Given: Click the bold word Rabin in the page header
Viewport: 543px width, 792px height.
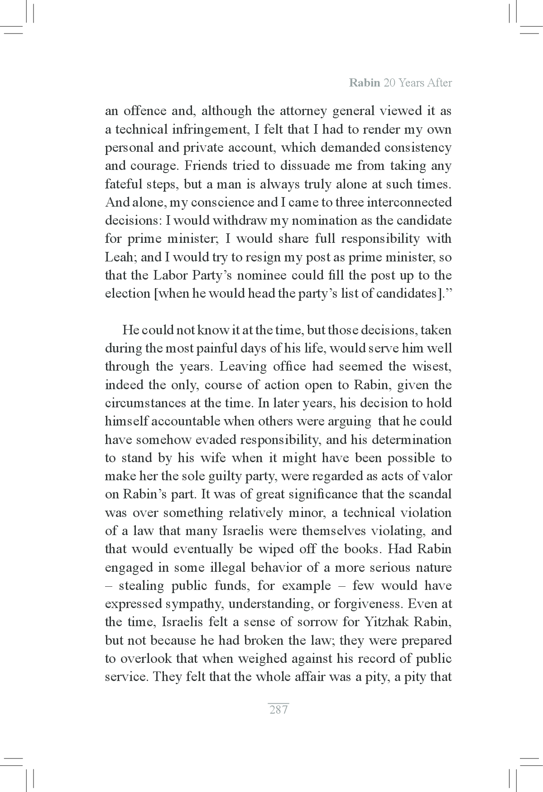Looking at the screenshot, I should pos(364,83).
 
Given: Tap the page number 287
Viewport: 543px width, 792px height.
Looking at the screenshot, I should pos(279,710).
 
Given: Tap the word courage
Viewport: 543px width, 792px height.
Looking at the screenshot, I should pos(154,166).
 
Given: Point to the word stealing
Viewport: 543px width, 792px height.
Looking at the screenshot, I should pos(141,585).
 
